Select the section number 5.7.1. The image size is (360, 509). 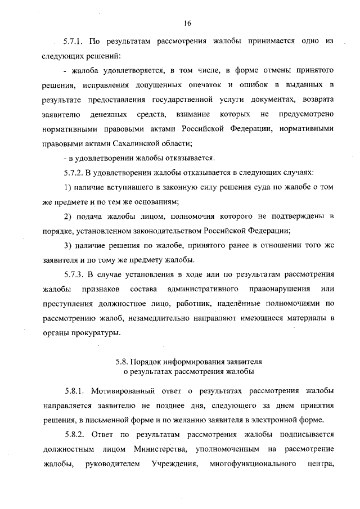point(74,42)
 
